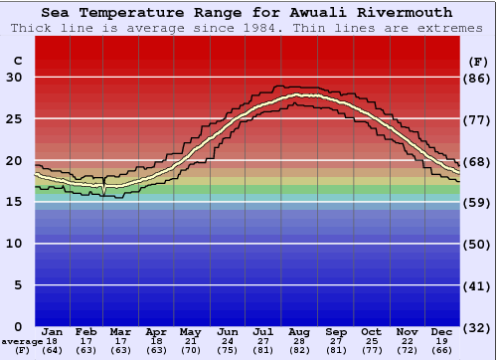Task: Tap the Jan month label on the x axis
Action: pyautogui.click(x=53, y=331)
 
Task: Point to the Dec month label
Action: pyautogui.click(x=443, y=331)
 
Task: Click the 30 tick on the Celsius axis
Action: pyautogui.click(x=14, y=78)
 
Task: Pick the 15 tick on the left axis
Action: pyautogui.click(x=14, y=202)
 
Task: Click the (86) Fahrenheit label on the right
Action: pyautogui.click(x=478, y=78)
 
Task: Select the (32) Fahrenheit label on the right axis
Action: pyautogui.click(x=478, y=327)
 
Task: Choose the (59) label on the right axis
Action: pyautogui.click(x=478, y=202)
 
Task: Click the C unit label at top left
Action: pyautogui.click(x=17, y=61)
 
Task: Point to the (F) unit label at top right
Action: pyautogui.click(x=478, y=61)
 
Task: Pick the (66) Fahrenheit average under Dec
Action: pyautogui.click(x=443, y=350)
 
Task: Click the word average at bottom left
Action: pyautogui.click(x=21, y=341)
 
